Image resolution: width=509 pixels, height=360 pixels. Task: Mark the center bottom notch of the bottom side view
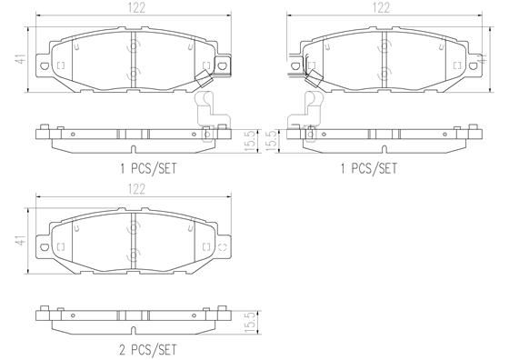(133, 327)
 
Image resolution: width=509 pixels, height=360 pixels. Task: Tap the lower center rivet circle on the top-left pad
(134, 72)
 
